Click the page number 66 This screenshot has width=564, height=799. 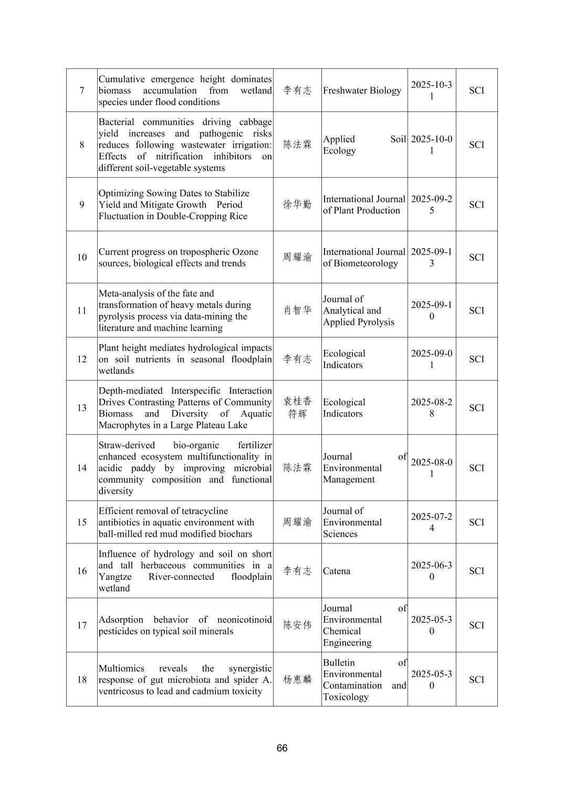282,748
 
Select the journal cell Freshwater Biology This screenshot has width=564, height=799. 362,90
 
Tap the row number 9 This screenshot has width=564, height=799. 82,204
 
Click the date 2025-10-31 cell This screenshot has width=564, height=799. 431,90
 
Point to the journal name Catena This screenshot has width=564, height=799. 337,571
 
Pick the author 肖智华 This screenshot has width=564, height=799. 297,311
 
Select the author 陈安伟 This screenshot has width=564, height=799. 297,625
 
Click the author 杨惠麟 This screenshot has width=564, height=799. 297,680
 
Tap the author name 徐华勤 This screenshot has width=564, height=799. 297,204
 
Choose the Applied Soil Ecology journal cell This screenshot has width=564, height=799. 364,145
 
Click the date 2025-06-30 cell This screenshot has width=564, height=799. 431,571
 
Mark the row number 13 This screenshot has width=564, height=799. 82,408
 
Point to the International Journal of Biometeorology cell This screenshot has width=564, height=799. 364,258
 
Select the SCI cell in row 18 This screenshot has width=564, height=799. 476,680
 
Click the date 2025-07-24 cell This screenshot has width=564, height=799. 431,522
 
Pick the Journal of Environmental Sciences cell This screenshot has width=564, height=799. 352,522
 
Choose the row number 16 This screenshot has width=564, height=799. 82,571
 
